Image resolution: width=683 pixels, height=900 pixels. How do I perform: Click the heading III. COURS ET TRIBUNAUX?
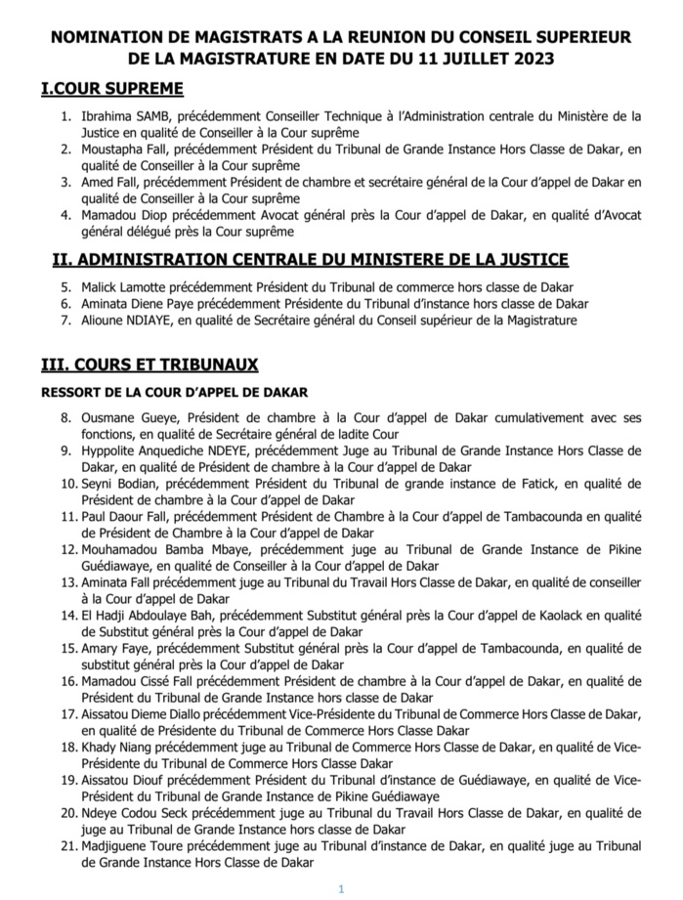pyautogui.click(x=149, y=364)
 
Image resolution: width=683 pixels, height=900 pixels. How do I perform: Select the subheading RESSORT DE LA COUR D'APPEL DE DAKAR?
pyautogui.click(x=174, y=393)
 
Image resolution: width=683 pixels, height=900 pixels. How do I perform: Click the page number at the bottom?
pyautogui.click(x=342, y=888)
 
